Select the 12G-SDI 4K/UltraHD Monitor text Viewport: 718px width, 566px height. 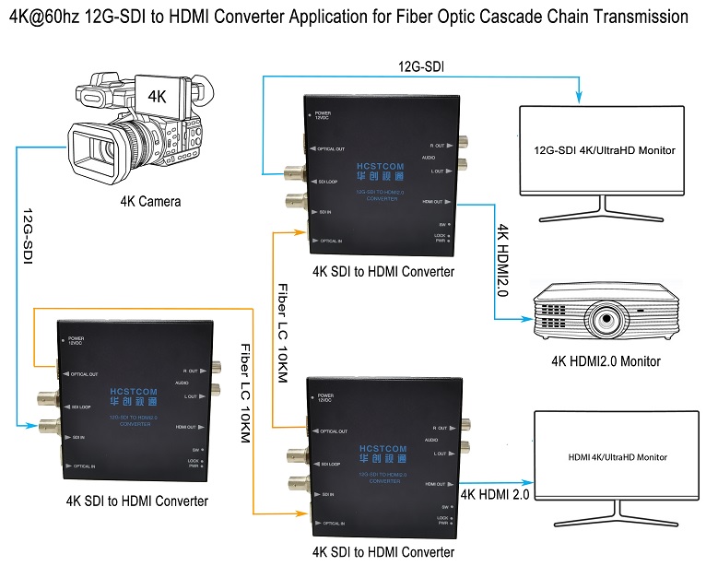point(606,149)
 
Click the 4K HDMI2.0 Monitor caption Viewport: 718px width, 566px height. point(605,360)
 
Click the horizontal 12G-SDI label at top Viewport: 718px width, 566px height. point(422,66)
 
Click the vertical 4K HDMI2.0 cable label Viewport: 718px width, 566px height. point(502,261)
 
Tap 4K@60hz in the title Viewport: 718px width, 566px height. point(41,18)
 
